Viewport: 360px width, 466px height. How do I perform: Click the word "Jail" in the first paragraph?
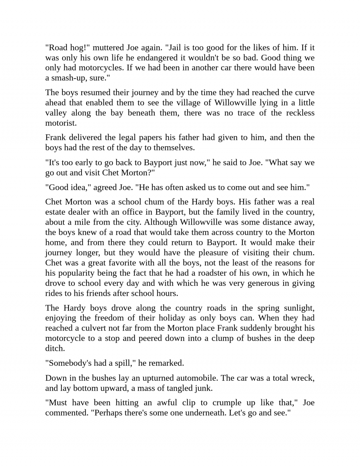point(175,47)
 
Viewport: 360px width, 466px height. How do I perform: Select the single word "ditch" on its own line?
point(54,348)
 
